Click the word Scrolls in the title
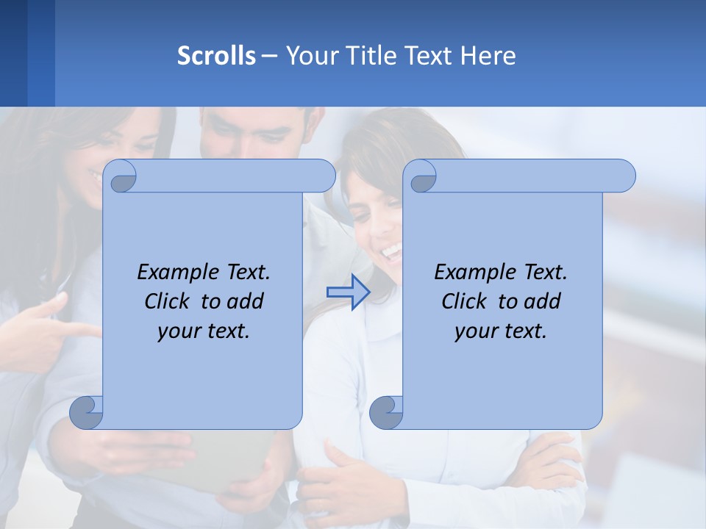tap(216, 56)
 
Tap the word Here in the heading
tap(488, 56)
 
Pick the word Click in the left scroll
tap(169, 301)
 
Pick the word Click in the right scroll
tap(466, 301)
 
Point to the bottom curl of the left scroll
tap(86, 411)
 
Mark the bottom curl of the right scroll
tap(386, 411)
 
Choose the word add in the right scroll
tap(543, 301)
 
